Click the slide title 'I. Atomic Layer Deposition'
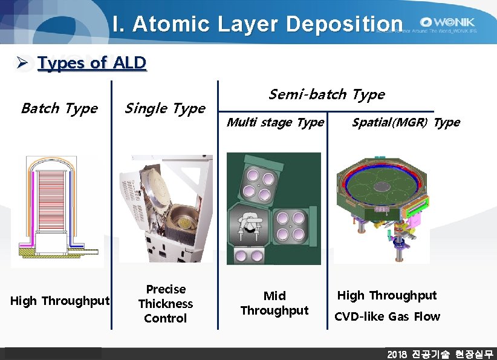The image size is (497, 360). click(258, 24)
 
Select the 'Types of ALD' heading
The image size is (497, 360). click(92, 63)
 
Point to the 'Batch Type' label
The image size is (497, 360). click(59, 108)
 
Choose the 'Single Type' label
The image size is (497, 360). click(164, 108)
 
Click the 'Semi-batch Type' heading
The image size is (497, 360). click(326, 94)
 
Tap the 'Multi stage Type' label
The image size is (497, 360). click(275, 122)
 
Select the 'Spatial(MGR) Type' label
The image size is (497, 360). click(406, 122)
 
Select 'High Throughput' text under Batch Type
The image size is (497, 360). click(60, 301)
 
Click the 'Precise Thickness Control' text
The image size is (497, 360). click(165, 304)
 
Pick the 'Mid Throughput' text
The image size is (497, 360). click(274, 303)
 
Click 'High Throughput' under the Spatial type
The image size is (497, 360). click(386, 295)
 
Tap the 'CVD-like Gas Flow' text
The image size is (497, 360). click(387, 316)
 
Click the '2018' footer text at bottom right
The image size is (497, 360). click(397, 354)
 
